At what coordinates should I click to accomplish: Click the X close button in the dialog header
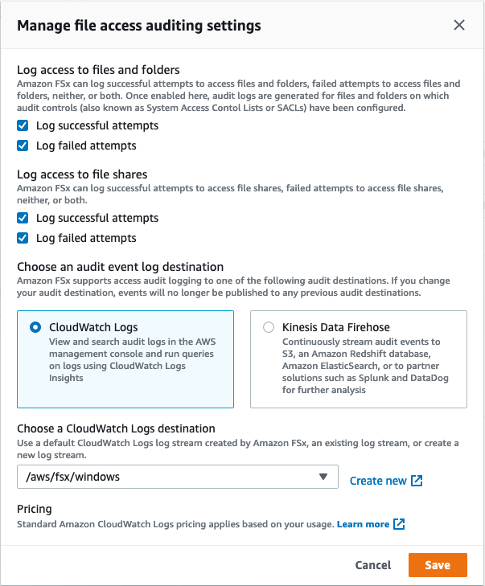459,25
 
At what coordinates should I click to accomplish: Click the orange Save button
438,565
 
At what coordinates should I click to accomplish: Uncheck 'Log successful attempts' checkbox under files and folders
23,125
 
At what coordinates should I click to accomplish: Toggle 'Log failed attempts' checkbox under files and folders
23,145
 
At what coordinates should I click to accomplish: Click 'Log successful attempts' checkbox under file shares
23,218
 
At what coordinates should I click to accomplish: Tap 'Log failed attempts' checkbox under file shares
23,238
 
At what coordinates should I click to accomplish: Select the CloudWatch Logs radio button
35,327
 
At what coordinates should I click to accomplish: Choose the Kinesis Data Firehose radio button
269,327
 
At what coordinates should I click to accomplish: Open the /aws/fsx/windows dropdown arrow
323,477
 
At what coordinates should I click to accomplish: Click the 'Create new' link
378,481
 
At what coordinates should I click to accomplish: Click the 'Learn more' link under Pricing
363,524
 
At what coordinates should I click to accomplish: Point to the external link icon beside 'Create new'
417,481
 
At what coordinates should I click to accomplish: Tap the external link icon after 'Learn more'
399,524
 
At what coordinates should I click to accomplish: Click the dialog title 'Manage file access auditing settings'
139,26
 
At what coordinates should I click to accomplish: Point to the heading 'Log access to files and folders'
98,70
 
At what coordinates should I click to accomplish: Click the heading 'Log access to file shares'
82,174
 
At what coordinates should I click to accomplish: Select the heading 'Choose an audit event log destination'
120,267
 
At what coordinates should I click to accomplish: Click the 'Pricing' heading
35,509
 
